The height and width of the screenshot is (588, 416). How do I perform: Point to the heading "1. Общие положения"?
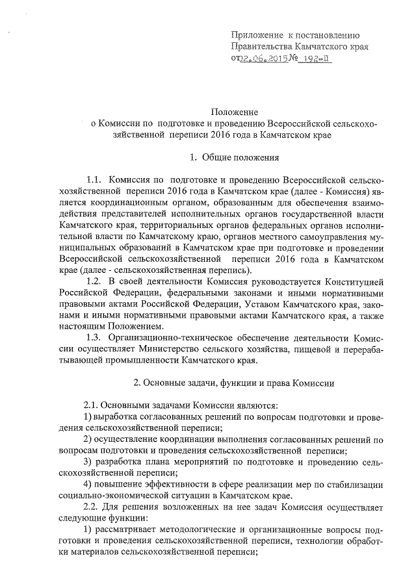point(235,157)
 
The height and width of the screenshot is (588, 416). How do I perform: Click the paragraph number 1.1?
point(94,179)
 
